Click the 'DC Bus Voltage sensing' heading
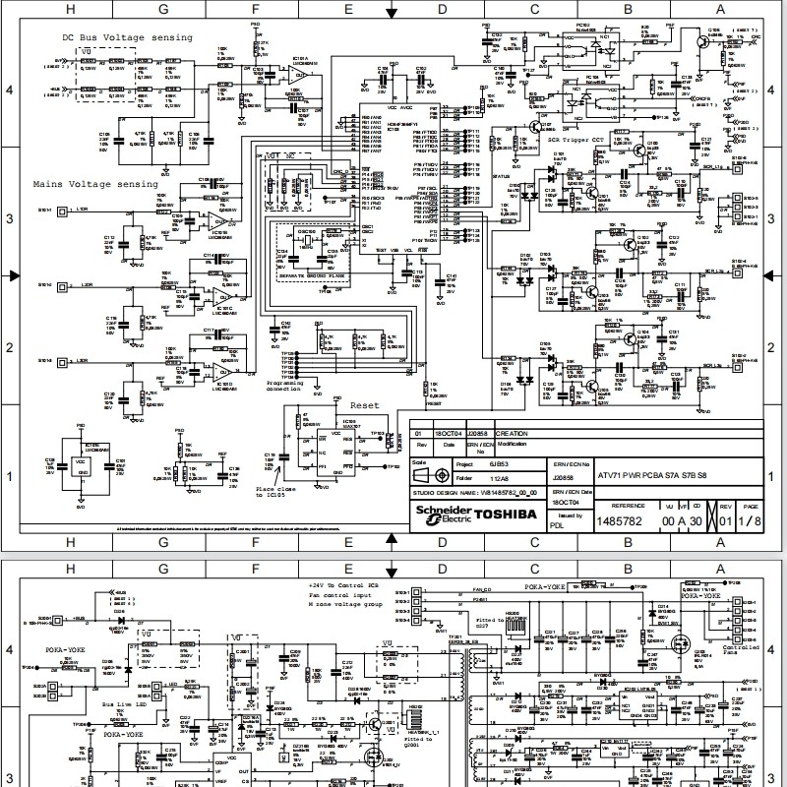coord(123,37)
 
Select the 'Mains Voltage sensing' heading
coord(95,184)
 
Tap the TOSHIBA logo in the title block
coord(506,514)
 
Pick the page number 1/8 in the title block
coord(751,519)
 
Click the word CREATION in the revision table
coord(512,433)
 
